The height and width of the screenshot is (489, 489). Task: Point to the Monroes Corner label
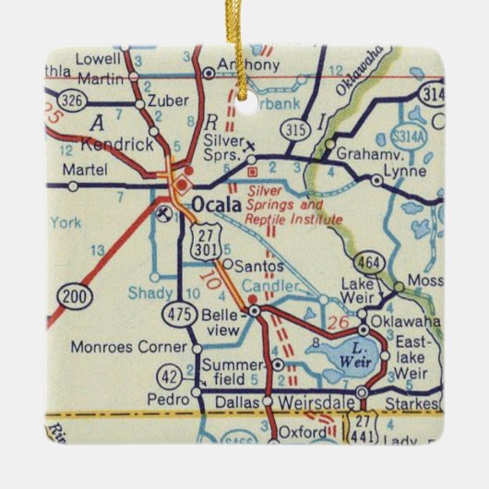(x=139, y=349)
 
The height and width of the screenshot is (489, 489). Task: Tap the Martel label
(x=87, y=170)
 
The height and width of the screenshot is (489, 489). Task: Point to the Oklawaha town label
(x=406, y=328)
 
